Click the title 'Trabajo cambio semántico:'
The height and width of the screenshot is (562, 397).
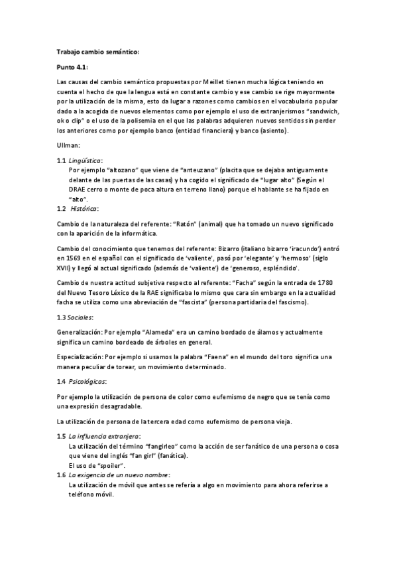(x=98, y=52)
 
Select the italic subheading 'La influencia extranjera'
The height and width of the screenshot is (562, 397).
(x=104, y=437)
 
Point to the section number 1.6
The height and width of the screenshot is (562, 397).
(x=61, y=475)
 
